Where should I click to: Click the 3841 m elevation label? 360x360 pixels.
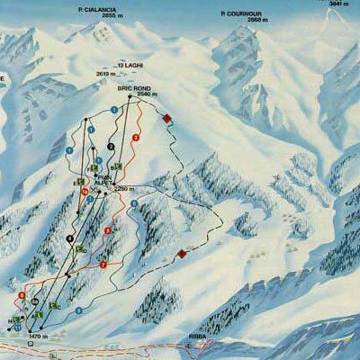coord(338,4)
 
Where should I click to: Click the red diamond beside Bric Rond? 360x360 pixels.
coord(166,118)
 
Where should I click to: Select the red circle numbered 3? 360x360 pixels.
coord(135,137)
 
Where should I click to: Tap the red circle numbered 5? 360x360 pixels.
coord(109,231)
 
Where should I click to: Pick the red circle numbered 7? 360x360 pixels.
coord(103,265)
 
